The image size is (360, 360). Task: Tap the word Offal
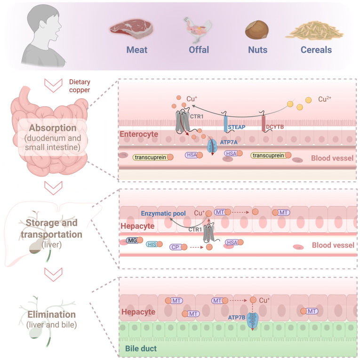194,49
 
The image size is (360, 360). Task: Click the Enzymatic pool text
164,213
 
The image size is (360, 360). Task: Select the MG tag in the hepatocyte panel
132,240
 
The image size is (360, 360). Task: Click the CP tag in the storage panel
175,247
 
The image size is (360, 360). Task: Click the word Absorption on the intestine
54,128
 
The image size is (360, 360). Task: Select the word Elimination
51,314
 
